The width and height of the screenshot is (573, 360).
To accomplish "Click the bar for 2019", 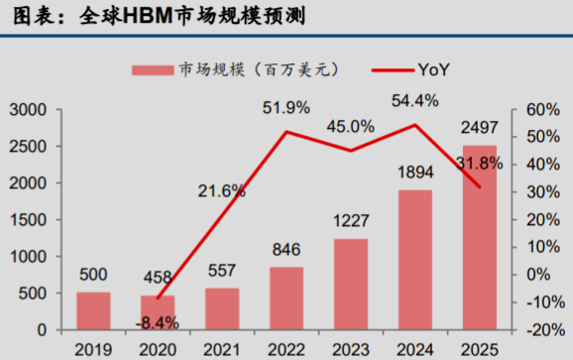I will tap(93, 310).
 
